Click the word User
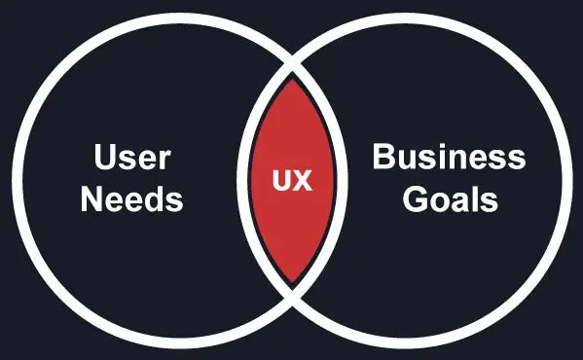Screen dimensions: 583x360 pos(131,158)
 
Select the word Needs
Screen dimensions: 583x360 pos(131,200)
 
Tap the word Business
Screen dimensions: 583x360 pos(449,158)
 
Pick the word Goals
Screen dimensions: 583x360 pos(451,200)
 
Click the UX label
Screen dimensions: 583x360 pos(291,181)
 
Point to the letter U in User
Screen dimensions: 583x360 pos(105,158)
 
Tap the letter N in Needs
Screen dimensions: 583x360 pos(91,200)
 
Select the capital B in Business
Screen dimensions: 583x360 pos(383,158)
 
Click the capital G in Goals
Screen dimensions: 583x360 pos(417,200)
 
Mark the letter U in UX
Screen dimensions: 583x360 pos(281,181)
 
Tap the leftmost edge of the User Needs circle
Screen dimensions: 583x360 pos(17,181)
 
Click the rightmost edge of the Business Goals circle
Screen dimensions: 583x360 pos(566,181)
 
